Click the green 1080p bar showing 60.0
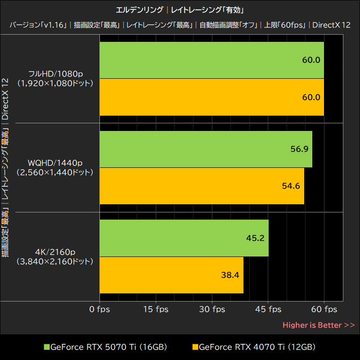tap(211, 60)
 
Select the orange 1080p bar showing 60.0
tap(211, 97)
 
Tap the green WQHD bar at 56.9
tap(206, 149)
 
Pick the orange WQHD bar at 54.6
tap(202, 186)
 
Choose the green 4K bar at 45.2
tap(184, 238)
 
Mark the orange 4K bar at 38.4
tap(171, 275)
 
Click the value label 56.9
tap(299, 149)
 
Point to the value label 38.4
tap(230, 275)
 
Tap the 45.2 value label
tap(255, 238)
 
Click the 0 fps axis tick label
tap(99, 309)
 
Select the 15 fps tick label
tap(156, 309)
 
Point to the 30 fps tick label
tap(212, 309)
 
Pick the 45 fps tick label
tap(268, 309)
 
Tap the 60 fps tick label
tap(324, 309)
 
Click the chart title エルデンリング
tap(139, 10)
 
